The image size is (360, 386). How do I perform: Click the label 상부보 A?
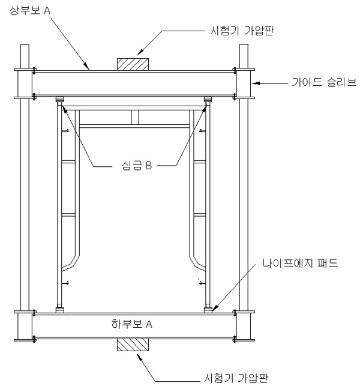point(30,10)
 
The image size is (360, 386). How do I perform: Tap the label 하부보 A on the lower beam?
point(131,324)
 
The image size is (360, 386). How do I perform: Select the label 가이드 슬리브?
point(324,82)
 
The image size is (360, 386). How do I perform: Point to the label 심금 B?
point(137,165)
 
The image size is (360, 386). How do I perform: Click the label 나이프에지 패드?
point(300,263)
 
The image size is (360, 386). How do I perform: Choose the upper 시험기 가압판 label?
point(242,31)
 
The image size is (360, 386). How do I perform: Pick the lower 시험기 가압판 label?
point(236,378)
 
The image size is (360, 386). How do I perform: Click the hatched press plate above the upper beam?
point(133,64)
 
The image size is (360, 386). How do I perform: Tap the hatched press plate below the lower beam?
point(133,345)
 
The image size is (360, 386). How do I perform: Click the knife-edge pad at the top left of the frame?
point(60,99)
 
